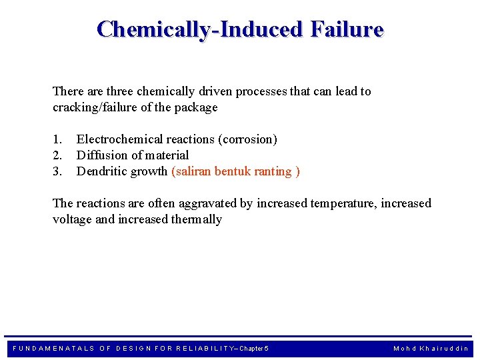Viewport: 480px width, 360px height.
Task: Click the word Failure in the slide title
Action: pyautogui.click(x=345, y=30)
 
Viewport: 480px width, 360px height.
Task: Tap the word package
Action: pyautogui.click(x=197, y=107)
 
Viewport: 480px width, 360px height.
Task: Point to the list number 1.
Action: pyautogui.click(x=57, y=139)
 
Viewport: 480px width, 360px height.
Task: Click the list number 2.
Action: pyautogui.click(x=57, y=155)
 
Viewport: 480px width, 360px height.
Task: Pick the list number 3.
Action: pyautogui.click(x=57, y=171)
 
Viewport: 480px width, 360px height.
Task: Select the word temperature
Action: pyautogui.click(x=343, y=203)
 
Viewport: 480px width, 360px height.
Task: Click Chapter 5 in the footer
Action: pyautogui.click(x=253, y=349)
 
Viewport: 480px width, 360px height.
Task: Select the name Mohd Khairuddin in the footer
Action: pyautogui.click(x=431, y=349)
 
